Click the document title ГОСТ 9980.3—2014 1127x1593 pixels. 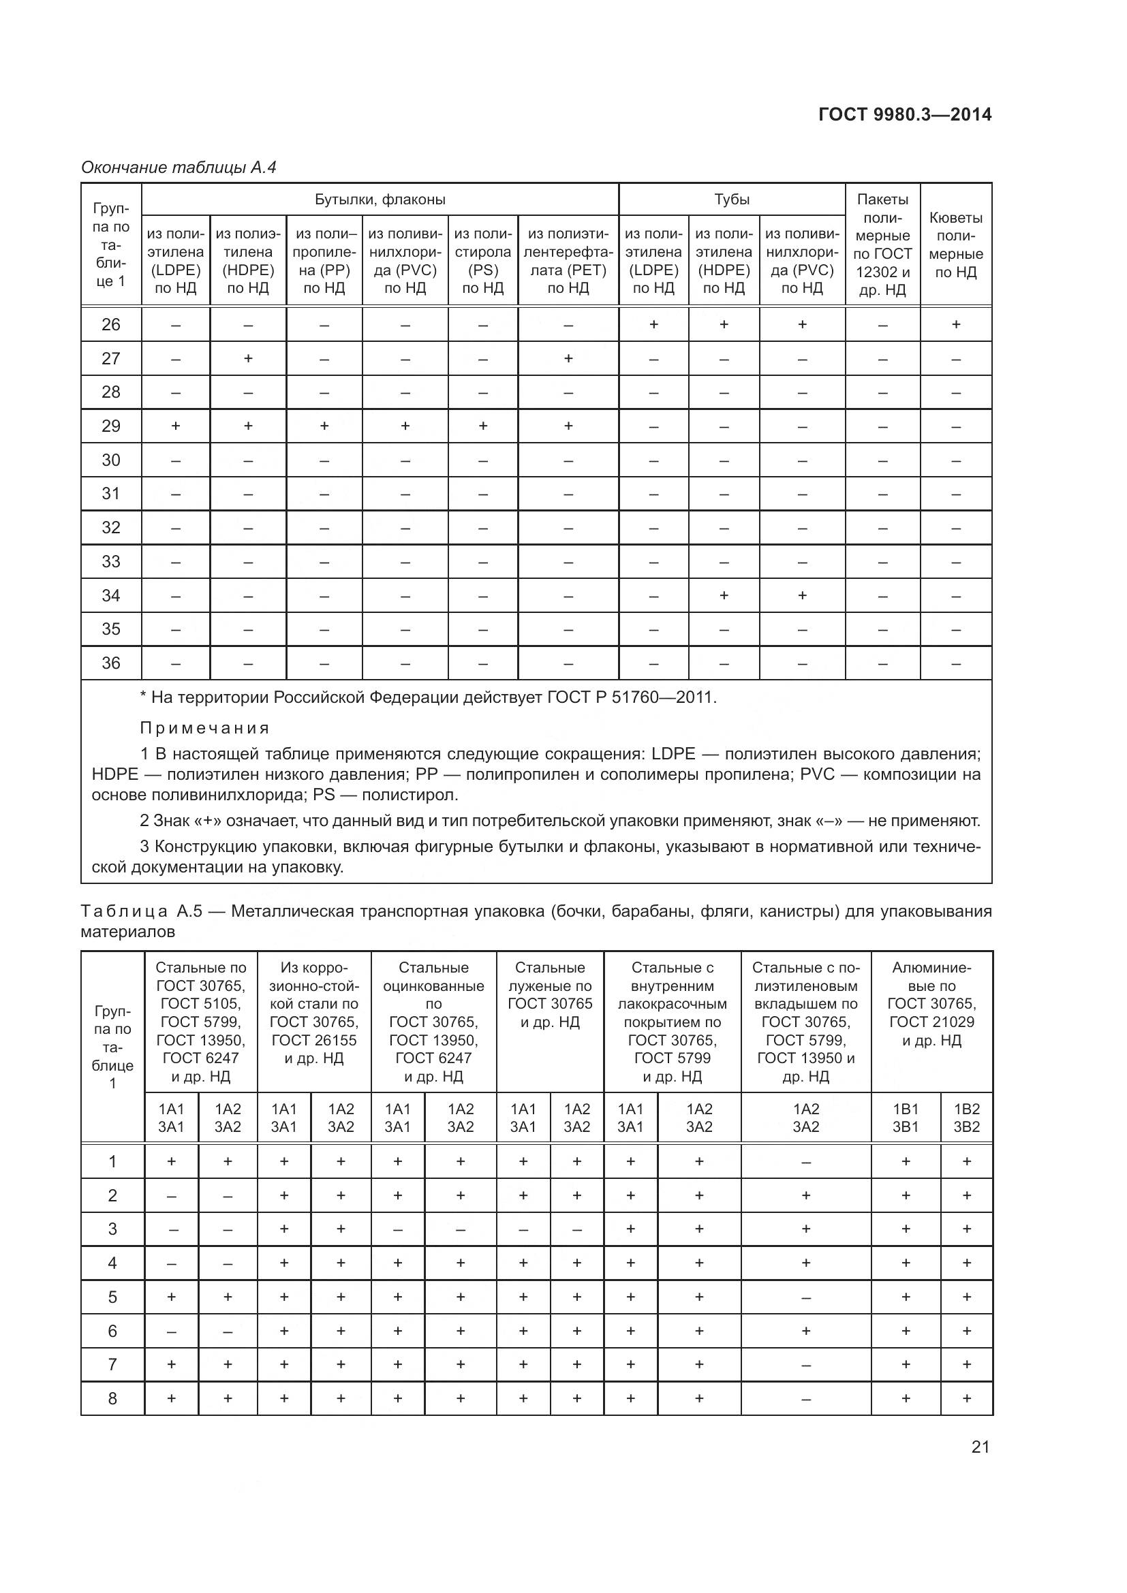[904, 114]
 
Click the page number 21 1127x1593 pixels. [980, 1447]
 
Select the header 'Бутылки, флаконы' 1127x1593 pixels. [380, 200]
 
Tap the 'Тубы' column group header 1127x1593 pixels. [731, 200]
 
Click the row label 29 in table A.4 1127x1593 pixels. [111, 426]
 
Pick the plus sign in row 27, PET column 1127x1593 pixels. [568, 359]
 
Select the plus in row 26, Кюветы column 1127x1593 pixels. [955, 324]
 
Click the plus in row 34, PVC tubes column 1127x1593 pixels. [801, 595]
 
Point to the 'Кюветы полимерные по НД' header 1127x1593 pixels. [955, 245]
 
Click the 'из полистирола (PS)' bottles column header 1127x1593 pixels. [482, 261]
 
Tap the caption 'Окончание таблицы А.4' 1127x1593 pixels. [179, 168]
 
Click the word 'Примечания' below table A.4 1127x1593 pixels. [204, 728]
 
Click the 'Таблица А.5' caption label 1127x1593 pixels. [142, 911]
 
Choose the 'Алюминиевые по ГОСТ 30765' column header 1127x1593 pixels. [931, 1003]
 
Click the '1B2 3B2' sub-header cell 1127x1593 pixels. [966, 1118]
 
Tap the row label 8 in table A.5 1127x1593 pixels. [112, 1398]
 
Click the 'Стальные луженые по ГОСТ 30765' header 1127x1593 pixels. [550, 994]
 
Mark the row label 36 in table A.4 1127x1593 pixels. [111, 663]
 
